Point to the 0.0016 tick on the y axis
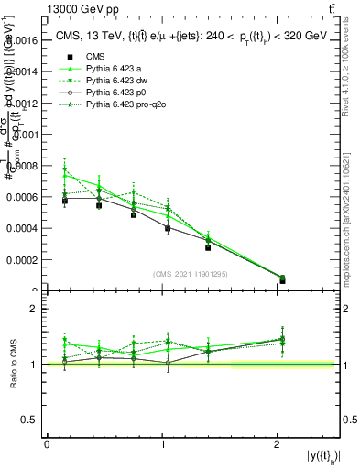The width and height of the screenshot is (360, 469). click(x=24, y=41)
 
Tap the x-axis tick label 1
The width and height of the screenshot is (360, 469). click(x=162, y=444)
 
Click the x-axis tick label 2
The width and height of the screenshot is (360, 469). click(x=277, y=444)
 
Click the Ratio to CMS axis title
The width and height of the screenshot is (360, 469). click(x=13, y=363)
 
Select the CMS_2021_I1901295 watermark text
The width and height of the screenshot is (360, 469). click(x=191, y=274)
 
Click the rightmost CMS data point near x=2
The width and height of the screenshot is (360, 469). click(x=282, y=280)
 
